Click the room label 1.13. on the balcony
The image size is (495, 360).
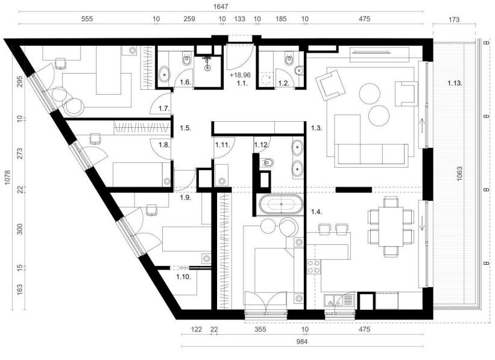455,83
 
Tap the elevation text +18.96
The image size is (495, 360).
241,75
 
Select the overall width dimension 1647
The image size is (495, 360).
220,7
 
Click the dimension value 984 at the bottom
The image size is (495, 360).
301,341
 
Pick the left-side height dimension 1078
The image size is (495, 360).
7,178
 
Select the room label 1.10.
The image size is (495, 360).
184,276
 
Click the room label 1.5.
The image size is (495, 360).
184,128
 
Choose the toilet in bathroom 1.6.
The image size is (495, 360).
187,63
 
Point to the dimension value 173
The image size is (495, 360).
455,20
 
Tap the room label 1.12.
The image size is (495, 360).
261,145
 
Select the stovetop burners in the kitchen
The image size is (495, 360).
313,267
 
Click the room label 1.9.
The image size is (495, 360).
184,197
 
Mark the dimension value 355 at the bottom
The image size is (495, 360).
260,330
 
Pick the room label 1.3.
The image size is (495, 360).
316,128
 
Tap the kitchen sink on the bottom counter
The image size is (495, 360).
332,298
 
